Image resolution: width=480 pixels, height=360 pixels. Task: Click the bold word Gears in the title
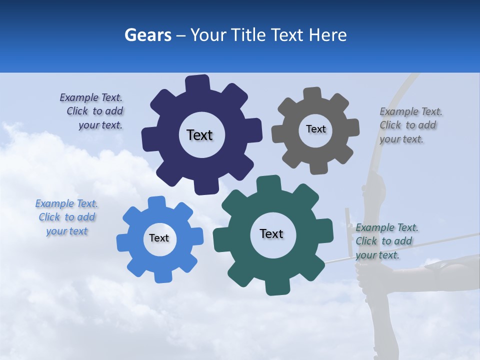point(147,35)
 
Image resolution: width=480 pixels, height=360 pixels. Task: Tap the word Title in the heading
point(250,35)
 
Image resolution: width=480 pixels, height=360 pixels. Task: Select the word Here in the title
point(327,35)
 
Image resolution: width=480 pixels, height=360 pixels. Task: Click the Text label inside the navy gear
point(199,135)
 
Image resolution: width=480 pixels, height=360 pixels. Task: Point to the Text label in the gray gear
point(315,129)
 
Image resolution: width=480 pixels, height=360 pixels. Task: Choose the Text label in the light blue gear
point(159,238)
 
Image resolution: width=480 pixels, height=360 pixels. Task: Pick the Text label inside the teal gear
point(271,234)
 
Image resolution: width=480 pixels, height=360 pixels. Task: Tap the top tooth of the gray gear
point(312,93)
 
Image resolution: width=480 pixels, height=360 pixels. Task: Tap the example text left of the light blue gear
point(66,217)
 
